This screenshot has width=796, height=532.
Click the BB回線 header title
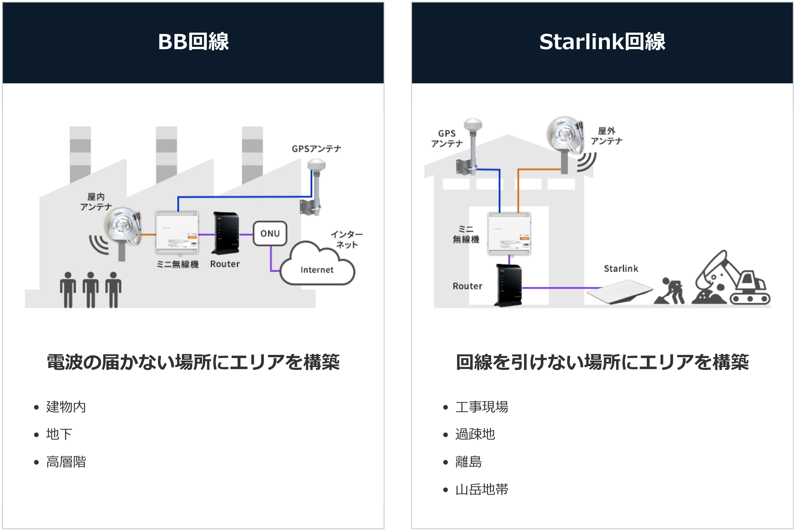click(x=193, y=42)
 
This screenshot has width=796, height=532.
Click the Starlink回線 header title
click(x=602, y=42)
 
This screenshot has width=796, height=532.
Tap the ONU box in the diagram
click(x=270, y=233)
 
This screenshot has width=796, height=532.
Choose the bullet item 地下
click(x=59, y=434)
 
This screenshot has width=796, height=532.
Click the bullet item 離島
click(x=468, y=462)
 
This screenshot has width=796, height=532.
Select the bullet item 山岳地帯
click(x=482, y=489)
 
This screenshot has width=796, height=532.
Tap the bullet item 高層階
click(x=66, y=462)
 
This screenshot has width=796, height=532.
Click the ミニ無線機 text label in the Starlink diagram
click(x=466, y=234)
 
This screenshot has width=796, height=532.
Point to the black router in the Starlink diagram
click(x=508, y=285)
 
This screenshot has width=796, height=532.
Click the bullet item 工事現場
click(x=482, y=407)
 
